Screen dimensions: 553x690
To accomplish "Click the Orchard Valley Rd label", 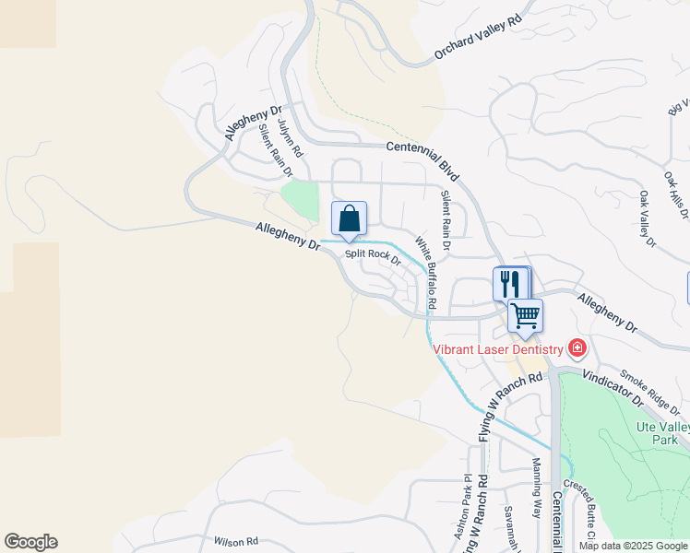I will pos(479,38).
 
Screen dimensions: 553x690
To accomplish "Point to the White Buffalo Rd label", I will pos(425,273).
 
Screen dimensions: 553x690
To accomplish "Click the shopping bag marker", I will pos(349,219).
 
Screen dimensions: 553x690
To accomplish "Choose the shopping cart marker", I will pos(526,316).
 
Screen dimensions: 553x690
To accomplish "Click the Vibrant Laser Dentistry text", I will pos(498,349).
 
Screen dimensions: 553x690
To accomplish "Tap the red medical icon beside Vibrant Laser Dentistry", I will pos(577,347).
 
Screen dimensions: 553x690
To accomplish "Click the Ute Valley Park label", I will pos(663,433).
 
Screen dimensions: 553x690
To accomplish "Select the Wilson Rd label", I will pos(235,542).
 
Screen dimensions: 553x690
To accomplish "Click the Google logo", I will pos(30,542).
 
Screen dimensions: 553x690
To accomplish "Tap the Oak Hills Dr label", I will pos(676,194).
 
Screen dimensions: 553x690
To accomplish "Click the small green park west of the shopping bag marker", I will pos(299,196).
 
